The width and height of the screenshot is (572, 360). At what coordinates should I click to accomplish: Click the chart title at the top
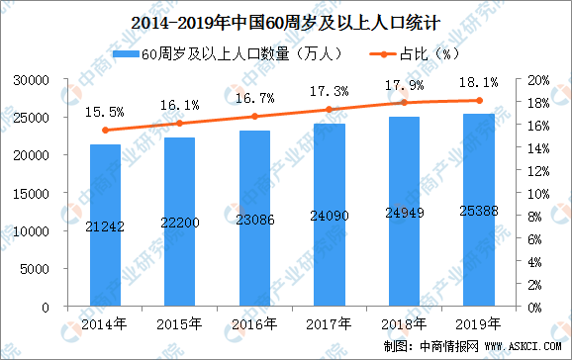click(285, 16)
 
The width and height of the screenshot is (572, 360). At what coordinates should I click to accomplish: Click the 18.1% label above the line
click(478, 83)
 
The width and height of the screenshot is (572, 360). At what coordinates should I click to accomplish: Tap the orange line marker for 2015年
click(179, 124)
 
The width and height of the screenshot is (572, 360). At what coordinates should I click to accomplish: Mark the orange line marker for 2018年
click(403, 103)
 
